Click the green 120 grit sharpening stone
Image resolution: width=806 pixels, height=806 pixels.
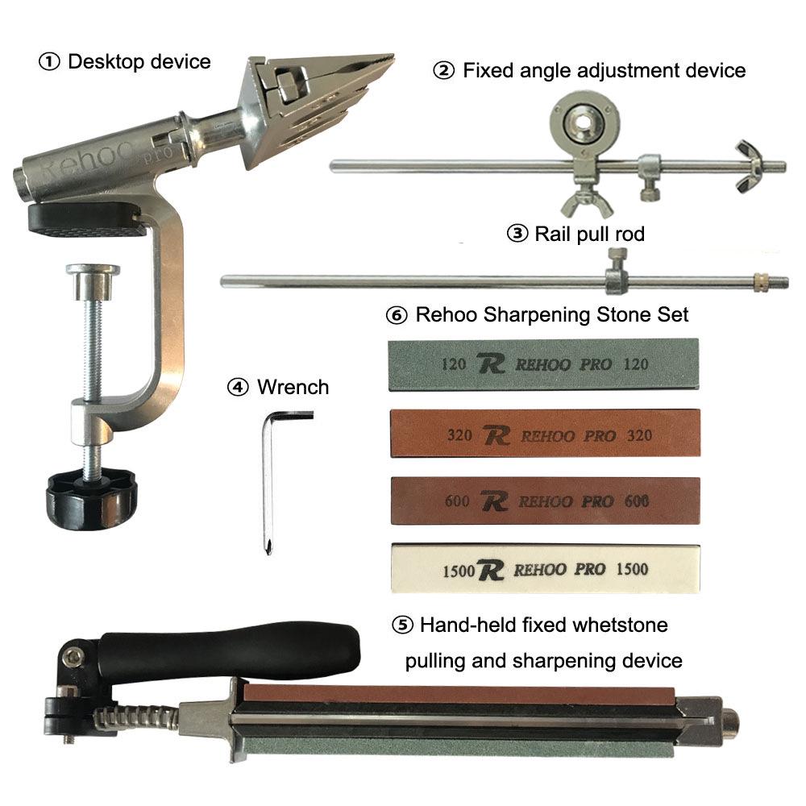pyautogui.click(x=543, y=364)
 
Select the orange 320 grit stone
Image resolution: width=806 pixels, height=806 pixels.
pyautogui.click(x=545, y=434)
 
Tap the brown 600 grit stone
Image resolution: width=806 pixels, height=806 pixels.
pyautogui.click(x=545, y=501)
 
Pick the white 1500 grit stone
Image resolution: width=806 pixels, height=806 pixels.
pyautogui.click(x=546, y=568)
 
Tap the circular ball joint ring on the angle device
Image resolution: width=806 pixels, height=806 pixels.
pyautogui.click(x=584, y=123)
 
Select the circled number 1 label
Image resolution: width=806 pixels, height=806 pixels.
pyautogui.click(x=49, y=62)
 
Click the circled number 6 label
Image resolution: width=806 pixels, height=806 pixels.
pyautogui.click(x=397, y=314)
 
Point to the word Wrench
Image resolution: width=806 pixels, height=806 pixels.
pyautogui.click(x=293, y=387)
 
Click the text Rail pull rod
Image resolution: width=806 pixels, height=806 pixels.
pyautogui.click(x=590, y=234)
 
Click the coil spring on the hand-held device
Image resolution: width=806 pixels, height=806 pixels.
pyautogui.click(x=136, y=715)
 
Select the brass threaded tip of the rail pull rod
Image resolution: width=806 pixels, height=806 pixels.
pyautogui.click(x=760, y=280)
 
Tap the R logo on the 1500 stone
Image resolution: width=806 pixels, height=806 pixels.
pyautogui.click(x=491, y=570)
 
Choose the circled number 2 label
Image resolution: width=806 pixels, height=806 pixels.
pyautogui.click(x=444, y=70)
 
